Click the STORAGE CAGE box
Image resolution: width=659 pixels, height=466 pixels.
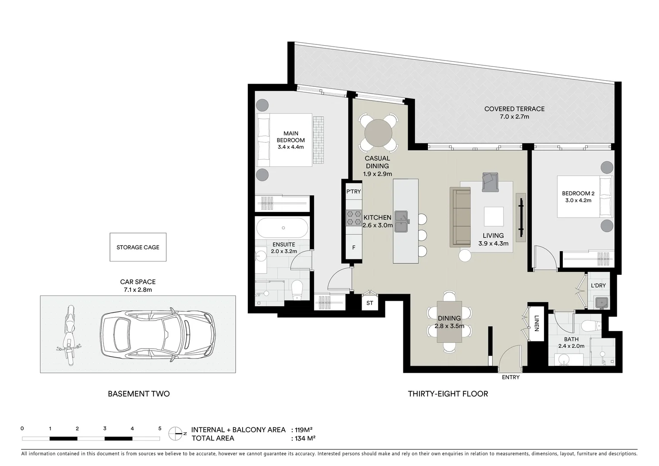point(138,247)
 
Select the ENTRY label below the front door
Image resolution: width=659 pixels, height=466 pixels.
point(511,377)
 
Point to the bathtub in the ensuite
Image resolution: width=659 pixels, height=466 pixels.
point(282,227)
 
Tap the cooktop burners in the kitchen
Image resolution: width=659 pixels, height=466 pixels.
point(354,218)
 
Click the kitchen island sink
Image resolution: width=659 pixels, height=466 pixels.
point(401,221)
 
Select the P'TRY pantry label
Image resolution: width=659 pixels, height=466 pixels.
point(353,191)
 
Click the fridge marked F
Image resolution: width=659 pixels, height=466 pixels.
point(354,248)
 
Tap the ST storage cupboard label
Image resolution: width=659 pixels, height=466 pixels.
point(370,303)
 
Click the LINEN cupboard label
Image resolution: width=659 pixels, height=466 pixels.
point(536,324)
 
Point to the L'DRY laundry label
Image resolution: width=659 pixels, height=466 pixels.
point(598,286)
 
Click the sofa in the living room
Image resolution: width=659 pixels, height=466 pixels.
point(460,217)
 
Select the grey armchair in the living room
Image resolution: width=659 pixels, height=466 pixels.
point(490,181)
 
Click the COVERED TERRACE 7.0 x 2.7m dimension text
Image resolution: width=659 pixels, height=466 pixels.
point(514,116)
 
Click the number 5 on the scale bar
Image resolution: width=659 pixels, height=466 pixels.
point(159,428)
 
